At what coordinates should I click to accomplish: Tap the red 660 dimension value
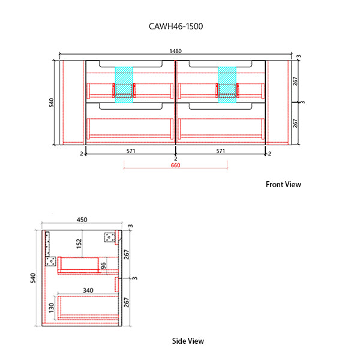tap(175, 165)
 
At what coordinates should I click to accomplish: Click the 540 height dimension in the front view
tap(52, 103)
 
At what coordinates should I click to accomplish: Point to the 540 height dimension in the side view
tap(34, 278)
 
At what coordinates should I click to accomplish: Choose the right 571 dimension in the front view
tap(221, 151)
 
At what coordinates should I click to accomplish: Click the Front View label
tap(283, 185)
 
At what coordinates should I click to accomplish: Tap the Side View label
tap(188, 341)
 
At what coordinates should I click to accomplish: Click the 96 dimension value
tap(103, 265)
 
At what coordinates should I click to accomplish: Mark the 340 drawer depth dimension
tap(88, 290)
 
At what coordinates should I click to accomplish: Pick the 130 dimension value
tap(52, 308)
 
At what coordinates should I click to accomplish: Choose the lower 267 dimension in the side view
tap(127, 302)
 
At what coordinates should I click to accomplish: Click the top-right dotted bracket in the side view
tap(109, 237)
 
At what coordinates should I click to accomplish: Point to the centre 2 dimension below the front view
tap(175, 159)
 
